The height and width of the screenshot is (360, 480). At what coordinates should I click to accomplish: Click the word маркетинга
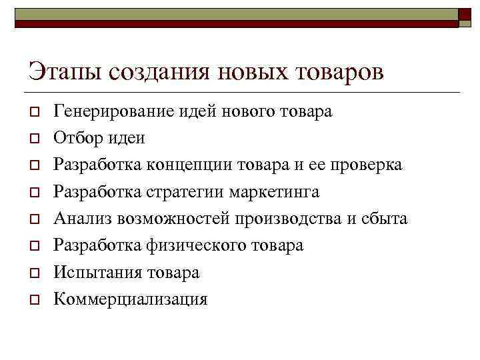(274, 192)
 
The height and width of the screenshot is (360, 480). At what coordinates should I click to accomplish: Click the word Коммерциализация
(130, 299)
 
